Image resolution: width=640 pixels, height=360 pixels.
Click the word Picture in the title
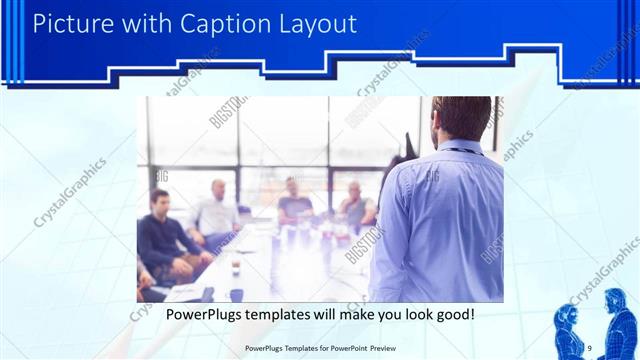(x=72, y=23)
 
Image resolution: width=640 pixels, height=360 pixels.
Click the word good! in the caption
(x=454, y=315)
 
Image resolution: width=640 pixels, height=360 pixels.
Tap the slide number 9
(x=590, y=347)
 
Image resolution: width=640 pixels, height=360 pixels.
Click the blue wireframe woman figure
(x=568, y=328)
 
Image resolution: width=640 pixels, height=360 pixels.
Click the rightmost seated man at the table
(x=355, y=206)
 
